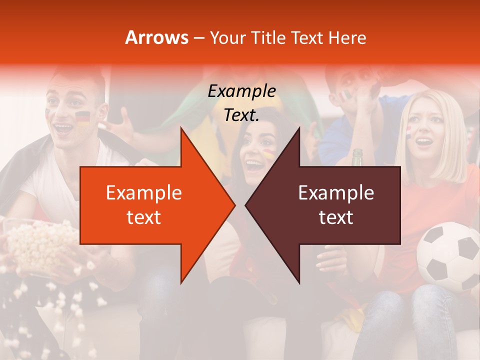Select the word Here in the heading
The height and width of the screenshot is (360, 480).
tap(347, 37)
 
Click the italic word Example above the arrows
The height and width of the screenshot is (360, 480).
tap(241, 91)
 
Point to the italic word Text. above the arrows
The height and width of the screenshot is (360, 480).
tap(241, 115)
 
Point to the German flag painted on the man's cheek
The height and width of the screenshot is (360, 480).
tap(82, 118)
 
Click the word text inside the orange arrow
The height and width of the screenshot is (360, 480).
tap(143, 217)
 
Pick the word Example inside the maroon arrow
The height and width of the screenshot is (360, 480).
tap(336, 192)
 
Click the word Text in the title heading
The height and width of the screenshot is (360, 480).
tap(308, 37)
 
